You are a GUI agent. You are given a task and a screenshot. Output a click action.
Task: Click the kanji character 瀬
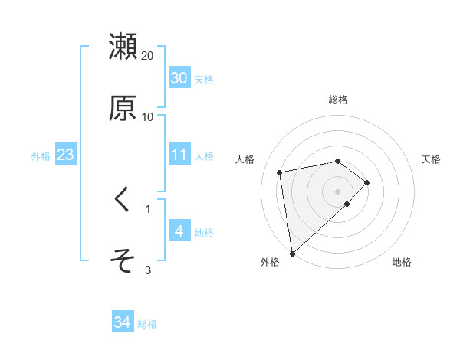click(x=123, y=47)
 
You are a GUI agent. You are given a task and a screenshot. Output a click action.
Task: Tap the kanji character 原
click(x=123, y=108)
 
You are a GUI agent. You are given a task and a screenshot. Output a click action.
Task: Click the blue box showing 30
click(x=179, y=78)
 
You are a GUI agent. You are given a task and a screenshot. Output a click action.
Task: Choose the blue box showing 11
click(x=179, y=155)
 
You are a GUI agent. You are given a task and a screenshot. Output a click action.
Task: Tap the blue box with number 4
click(x=179, y=231)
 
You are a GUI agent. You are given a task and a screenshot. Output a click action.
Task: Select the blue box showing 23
click(x=65, y=155)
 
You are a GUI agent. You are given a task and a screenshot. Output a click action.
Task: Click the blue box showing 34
click(x=122, y=323)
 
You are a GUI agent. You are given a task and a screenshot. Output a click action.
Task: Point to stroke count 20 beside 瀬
click(x=148, y=56)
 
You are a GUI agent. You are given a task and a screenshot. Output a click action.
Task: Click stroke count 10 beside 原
click(x=148, y=117)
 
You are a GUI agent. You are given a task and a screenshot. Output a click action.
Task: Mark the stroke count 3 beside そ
click(x=148, y=270)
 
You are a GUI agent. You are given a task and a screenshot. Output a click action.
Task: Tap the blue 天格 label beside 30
click(x=204, y=80)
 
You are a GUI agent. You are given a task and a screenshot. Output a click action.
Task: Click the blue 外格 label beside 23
click(x=41, y=156)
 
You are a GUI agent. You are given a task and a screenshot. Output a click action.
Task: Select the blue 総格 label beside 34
click(x=147, y=325)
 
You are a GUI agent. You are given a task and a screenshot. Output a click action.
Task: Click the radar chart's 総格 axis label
click(x=338, y=100)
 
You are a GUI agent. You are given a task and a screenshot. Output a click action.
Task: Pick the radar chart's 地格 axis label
click(x=402, y=262)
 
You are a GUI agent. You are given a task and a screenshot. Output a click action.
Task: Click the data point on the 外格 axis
click(x=291, y=253)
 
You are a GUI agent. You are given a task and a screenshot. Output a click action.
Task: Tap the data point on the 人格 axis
click(x=280, y=172)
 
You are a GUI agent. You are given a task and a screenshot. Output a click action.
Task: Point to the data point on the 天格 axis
click(x=367, y=182)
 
